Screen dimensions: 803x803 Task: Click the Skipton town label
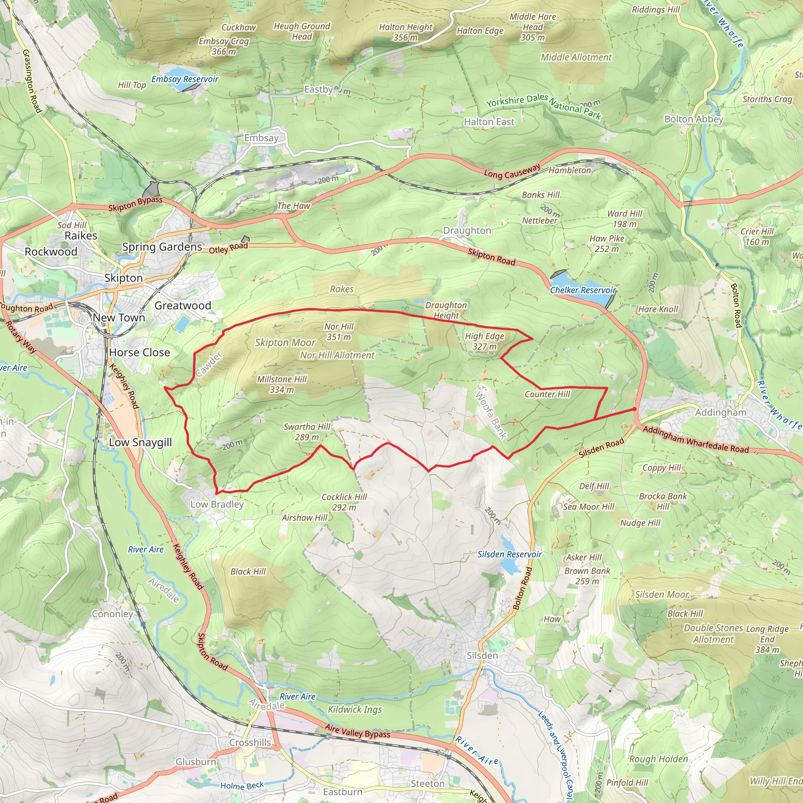124,278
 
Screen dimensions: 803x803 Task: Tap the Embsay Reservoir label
185,79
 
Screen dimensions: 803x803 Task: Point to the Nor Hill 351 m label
339,332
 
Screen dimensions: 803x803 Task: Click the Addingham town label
721,413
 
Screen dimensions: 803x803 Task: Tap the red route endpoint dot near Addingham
634,409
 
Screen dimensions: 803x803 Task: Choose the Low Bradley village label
217,504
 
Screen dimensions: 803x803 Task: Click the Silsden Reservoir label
510,554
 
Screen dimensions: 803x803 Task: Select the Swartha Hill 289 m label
307,432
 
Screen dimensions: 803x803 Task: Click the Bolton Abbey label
693,119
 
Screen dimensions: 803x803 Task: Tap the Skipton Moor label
285,342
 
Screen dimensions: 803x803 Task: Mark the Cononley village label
112,614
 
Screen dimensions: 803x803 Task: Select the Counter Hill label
547,394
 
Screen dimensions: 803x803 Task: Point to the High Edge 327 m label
484,341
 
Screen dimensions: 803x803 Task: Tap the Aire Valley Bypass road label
358,731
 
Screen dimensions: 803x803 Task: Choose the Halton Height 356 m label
406,32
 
